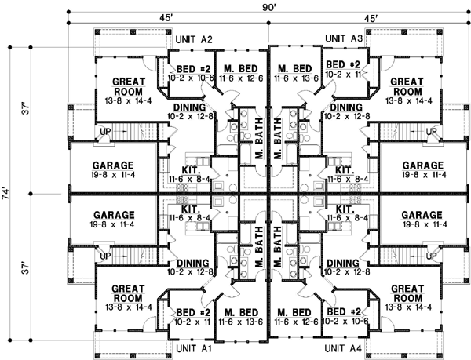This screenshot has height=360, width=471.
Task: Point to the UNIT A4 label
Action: coord(344,347)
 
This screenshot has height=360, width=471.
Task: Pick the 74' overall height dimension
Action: coord(7,194)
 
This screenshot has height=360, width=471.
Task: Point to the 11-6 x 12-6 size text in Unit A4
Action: coord(298,321)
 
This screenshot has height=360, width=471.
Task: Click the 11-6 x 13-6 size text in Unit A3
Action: coord(298,78)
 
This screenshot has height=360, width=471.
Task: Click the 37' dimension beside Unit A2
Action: coord(27,110)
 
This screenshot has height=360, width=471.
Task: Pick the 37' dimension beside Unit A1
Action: coord(27,268)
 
